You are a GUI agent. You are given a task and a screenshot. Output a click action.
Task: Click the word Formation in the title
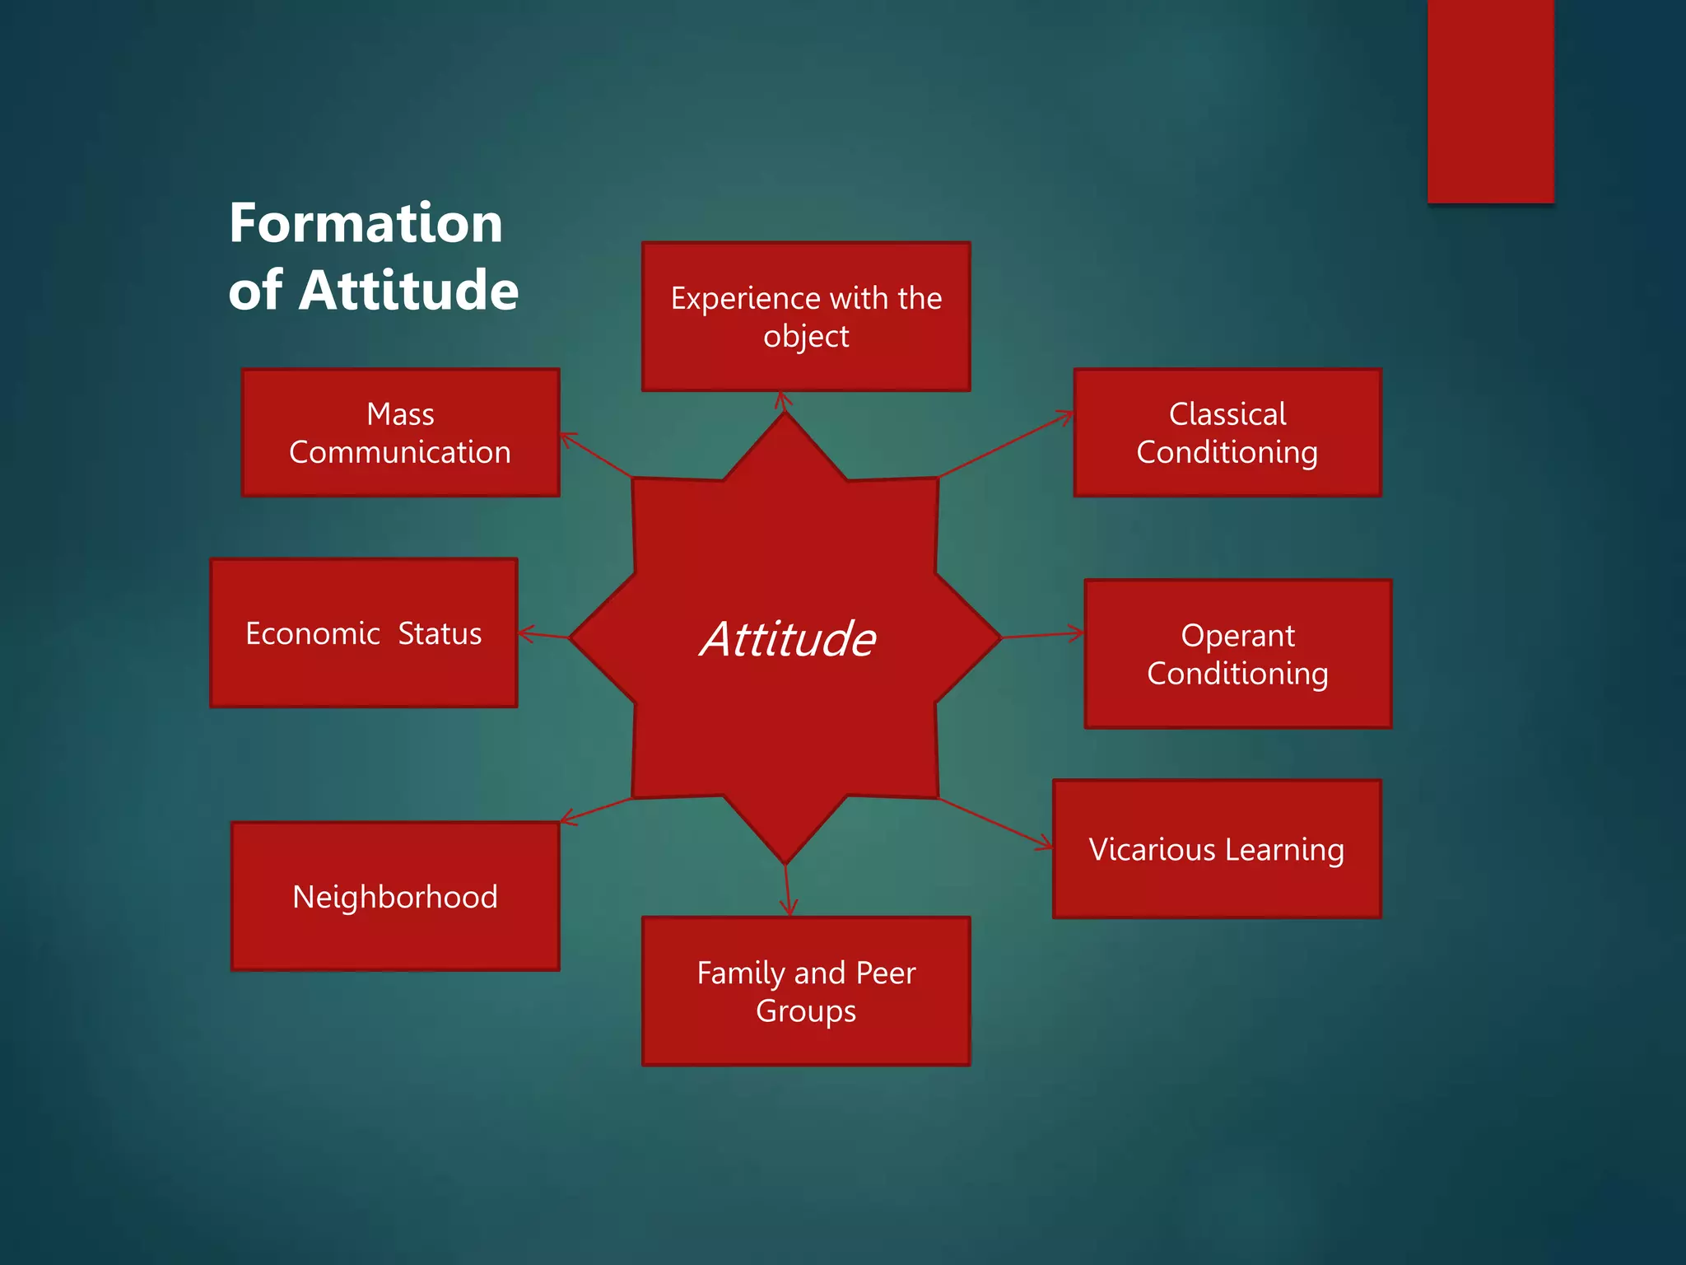[366, 223]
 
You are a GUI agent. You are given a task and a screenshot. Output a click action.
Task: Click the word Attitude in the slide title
[408, 290]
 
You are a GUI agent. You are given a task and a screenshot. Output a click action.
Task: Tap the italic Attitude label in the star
[788, 639]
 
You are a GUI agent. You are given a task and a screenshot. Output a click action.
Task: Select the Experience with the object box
[806, 317]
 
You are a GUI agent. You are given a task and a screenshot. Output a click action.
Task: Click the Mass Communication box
[400, 432]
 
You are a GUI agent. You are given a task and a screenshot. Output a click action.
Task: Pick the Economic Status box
[363, 632]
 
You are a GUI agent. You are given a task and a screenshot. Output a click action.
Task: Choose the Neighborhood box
[395, 896]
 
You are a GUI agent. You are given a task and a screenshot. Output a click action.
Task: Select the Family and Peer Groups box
[806, 992]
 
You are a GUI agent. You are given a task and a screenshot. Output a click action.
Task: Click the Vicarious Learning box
[1217, 849]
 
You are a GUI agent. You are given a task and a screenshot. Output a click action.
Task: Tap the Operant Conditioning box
[1237, 654]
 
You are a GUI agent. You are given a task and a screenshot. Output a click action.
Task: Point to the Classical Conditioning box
[1227, 432]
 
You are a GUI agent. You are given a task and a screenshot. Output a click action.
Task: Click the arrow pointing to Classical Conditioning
[1006, 445]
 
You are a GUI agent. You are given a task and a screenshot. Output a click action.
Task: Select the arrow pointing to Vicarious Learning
[996, 823]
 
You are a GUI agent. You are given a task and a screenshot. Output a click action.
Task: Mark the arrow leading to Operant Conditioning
[1042, 635]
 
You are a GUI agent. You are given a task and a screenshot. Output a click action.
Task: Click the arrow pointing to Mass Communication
[596, 455]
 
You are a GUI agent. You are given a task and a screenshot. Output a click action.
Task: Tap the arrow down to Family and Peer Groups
[787, 890]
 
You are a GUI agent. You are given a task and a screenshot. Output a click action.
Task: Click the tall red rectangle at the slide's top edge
[1490, 100]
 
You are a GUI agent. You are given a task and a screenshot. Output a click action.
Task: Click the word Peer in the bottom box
[885, 973]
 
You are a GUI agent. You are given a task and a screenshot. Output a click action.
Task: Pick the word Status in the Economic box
[440, 633]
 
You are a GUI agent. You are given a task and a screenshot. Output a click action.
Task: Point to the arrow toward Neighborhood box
[595, 810]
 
